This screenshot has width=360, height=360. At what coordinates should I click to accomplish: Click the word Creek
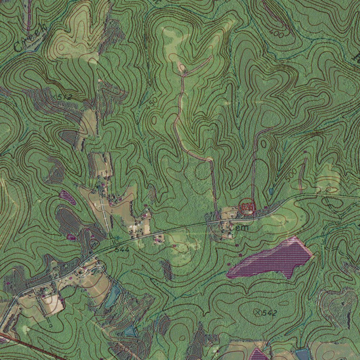coord(30,38)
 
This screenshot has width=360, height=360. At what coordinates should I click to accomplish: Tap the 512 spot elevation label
coord(64,96)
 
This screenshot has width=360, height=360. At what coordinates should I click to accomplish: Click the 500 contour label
coord(291,175)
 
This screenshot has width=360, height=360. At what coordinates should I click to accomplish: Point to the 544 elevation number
coord(122,250)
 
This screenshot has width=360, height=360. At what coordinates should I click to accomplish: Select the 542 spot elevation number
coord(270,313)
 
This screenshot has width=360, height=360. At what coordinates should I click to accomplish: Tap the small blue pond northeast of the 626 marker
coord(270,191)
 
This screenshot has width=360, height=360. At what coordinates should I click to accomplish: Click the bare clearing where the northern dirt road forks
coord(182,67)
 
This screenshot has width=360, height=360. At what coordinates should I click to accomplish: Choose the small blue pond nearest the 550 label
coord(130,330)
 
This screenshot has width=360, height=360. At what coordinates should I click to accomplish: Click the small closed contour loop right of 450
coord(154,120)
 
